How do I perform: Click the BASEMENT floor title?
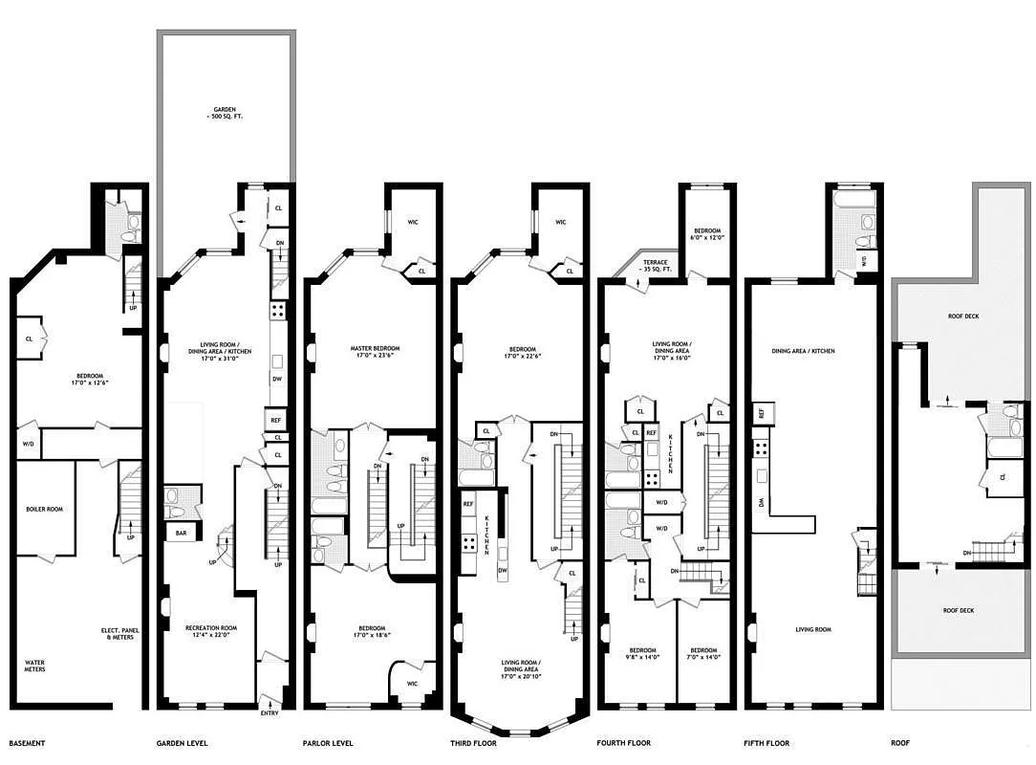point(28,743)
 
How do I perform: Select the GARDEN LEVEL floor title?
point(182,743)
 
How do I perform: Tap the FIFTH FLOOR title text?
point(766,743)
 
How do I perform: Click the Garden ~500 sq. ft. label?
point(225,113)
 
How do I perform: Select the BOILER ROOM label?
point(44,509)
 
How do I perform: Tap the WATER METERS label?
point(39,666)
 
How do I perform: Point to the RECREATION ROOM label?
point(210,632)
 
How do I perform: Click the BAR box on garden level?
point(182,534)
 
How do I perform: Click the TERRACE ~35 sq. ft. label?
point(659,265)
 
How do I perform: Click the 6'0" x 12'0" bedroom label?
point(707,235)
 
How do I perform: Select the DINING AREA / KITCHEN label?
point(803,351)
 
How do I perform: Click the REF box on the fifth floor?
point(762,413)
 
